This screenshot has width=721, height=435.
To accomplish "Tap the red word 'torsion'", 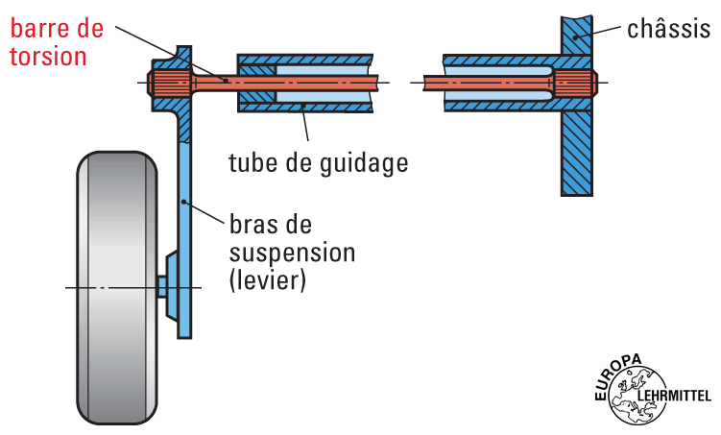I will pos(49,56).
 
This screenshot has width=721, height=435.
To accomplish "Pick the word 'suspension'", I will pos(293,254).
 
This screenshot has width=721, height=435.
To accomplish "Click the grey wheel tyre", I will pos(116,287).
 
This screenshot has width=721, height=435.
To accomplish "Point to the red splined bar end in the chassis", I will pos(573,83).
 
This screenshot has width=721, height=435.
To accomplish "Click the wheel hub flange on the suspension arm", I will pos(170,287).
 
